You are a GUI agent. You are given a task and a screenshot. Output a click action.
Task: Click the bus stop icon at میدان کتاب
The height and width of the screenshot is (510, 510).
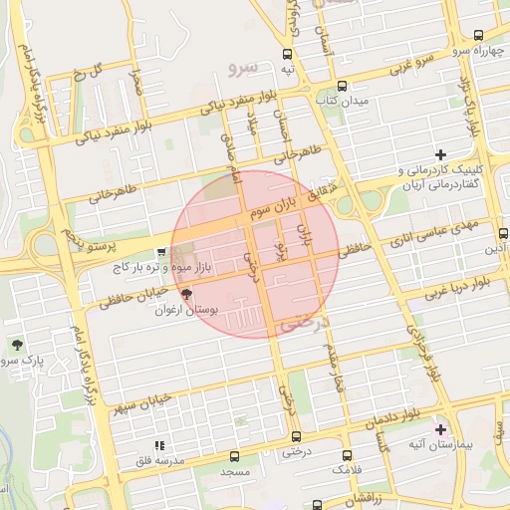pyautogui.click(x=343, y=86)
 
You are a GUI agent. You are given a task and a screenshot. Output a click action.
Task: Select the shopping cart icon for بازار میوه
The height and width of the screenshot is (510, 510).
pyautogui.click(x=161, y=254)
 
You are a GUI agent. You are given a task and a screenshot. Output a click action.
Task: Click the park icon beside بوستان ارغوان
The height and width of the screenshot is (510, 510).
pyautogui.click(x=186, y=294)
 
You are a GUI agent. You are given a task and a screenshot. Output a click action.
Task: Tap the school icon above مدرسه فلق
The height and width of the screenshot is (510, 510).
pyautogui.click(x=157, y=446)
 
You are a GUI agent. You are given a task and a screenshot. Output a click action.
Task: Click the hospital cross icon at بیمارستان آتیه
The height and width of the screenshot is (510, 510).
pyautogui.click(x=441, y=428)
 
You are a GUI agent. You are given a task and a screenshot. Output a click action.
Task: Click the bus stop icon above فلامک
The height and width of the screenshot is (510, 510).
pyautogui.click(x=348, y=451)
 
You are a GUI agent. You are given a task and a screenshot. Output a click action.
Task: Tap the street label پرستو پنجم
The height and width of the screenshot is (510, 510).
pyautogui.click(x=89, y=238)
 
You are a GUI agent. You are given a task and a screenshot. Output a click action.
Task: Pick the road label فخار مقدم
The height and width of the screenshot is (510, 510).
pyautogui.click(x=341, y=374)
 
